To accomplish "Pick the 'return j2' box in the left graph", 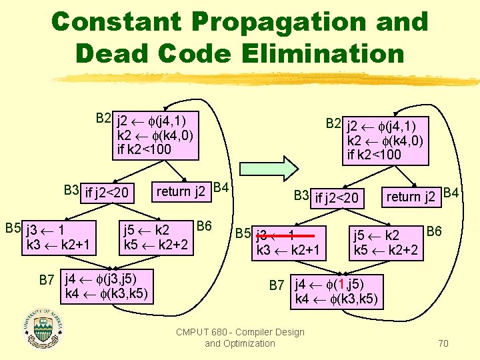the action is pos(181,192).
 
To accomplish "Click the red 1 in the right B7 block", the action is pos(340,283).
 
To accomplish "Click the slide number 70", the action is pos(443,343).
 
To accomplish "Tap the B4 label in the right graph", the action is pos(452,193).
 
